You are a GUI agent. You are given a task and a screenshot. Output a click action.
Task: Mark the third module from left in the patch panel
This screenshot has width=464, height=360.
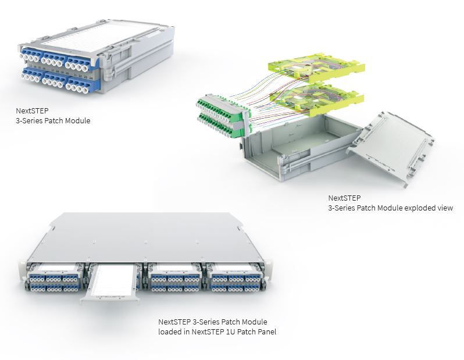point(174,277)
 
